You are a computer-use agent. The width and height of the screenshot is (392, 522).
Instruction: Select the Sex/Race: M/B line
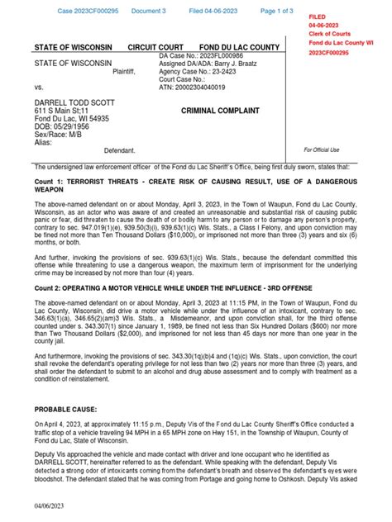[x=58, y=135]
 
